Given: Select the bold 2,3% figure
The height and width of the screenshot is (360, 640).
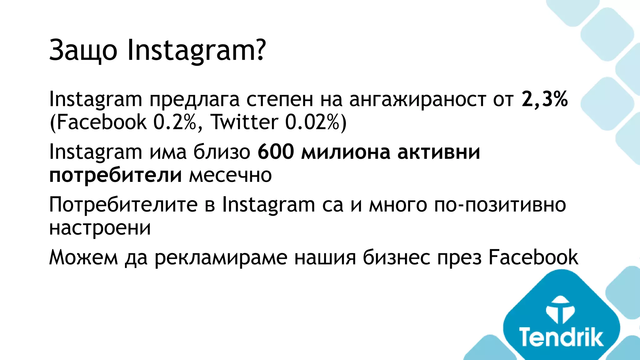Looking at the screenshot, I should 544,99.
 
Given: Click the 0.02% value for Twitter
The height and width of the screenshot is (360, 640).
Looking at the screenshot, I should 312,122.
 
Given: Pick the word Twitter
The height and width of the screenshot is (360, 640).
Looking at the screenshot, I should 245,122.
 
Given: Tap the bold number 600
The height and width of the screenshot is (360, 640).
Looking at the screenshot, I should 276,152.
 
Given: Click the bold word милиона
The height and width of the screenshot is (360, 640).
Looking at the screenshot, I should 346,152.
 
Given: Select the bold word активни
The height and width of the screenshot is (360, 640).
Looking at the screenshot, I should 438,152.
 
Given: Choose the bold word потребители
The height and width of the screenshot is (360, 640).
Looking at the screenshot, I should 116,175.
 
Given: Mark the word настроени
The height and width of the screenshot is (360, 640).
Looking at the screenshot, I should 100,228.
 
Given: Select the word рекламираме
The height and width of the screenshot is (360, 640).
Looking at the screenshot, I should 221,258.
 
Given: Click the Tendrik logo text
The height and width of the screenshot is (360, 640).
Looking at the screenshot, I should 561,337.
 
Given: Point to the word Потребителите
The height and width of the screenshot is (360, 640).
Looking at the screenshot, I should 123,205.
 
